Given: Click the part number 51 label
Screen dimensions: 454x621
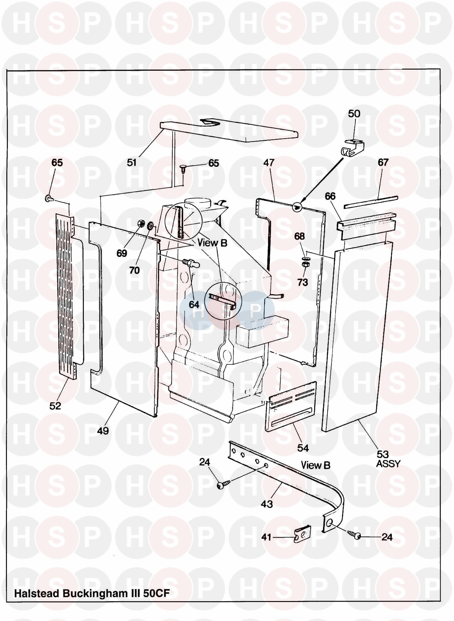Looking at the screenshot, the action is (x=132, y=163).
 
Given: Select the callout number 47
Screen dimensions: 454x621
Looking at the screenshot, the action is (x=268, y=163).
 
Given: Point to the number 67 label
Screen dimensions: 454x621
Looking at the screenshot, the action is (x=383, y=162).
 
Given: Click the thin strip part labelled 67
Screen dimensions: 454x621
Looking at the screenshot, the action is (x=371, y=202).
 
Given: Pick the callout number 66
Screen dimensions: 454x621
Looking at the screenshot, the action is (x=330, y=196).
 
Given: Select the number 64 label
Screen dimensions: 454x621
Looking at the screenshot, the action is (x=194, y=304).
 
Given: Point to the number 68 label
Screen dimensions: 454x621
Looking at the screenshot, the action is (x=299, y=236).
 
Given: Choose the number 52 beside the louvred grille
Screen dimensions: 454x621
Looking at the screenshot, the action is (x=55, y=406).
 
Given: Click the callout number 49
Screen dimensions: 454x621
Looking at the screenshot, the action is (x=103, y=431).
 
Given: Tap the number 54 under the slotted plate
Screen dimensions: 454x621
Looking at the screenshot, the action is (x=303, y=448).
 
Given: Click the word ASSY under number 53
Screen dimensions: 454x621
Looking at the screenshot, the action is (x=388, y=464).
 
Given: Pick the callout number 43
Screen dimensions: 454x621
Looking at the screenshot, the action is (x=267, y=504).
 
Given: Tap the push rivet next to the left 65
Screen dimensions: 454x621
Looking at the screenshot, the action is (x=49, y=199).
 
